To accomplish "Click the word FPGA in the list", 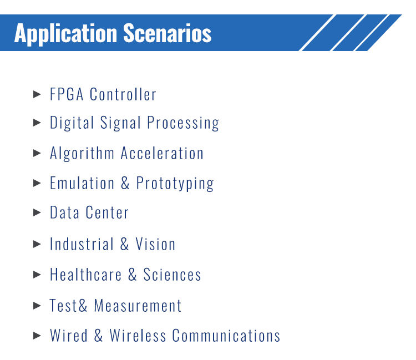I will point(67,94).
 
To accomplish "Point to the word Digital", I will point(72,123).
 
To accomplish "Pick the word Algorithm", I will point(83,153).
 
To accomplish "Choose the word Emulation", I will point(82,183).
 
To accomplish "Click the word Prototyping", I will point(175,184).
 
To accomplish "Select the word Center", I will point(107,213).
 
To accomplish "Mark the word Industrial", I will point(82,244).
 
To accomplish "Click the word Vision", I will point(155,244).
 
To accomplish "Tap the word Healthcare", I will point(85,275).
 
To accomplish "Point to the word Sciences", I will point(172,275).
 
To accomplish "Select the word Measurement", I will point(138,306).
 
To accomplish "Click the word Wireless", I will point(138,336).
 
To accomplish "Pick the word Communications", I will point(226,336).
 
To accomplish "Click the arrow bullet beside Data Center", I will point(38,213).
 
